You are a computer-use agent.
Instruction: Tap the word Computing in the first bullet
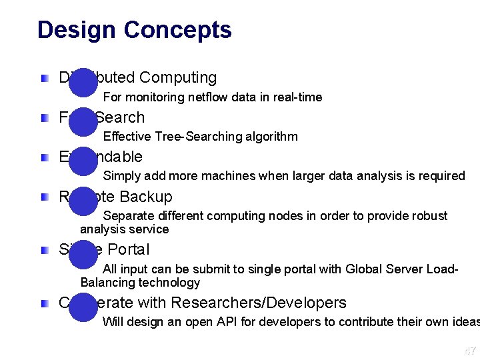click(x=178, y=78)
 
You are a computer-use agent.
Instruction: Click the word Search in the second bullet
click(x=120, y=118)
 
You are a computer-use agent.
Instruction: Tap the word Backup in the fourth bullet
click(x=145, y=197)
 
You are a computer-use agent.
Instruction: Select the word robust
click(x=429, y=216)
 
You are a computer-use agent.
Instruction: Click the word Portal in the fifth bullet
click(x=128, y=250)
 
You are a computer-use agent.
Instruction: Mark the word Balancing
click(x=108, y=283)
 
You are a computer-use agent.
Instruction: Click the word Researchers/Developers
click(x=259, y=303)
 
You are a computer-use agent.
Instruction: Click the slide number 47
click(x=471, y=351)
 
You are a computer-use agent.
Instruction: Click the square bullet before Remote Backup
click(x=45, y=197)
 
